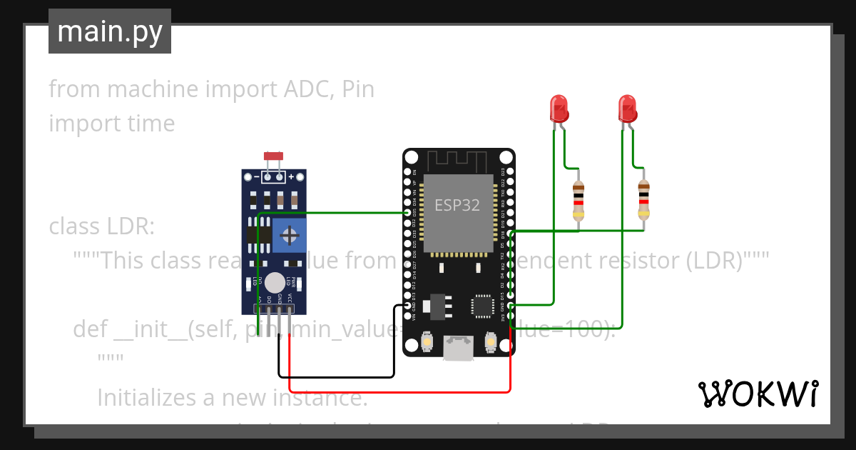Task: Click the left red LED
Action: click(559, 109)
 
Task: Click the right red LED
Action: click(627, 109)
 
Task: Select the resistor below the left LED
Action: click(579, 200)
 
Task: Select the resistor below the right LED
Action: click(643, 200)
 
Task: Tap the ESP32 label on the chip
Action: click(457, 205)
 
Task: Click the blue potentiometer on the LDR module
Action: click(289, 235)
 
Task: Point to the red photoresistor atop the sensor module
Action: click(272, 156)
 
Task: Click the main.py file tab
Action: click(110, 31)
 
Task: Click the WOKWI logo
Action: click(758, 394)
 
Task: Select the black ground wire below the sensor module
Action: click(335, 376)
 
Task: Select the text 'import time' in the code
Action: click(112, 124)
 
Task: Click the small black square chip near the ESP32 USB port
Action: click(481, 306)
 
